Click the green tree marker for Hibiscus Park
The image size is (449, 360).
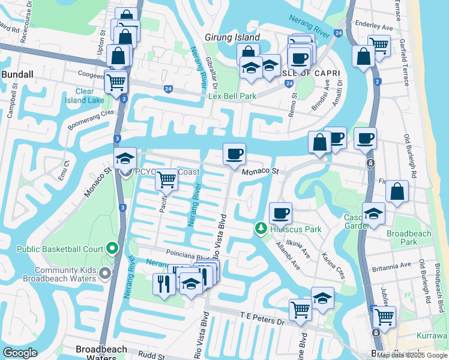point(261,229)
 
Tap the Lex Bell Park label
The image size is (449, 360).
point(232,96)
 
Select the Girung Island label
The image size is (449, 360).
point(232,37)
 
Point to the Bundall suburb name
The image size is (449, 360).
point(17,74)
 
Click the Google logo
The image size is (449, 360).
point(20,353)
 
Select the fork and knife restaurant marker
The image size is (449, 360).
point(164,283)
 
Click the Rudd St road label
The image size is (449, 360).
point(151,355)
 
